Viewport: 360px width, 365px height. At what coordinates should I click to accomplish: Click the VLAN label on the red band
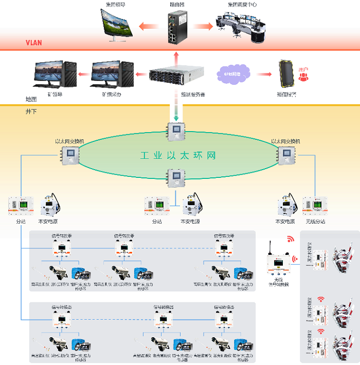point(34,43)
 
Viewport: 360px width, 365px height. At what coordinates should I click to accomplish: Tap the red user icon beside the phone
point(303,76)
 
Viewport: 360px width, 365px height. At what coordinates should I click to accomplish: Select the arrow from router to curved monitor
point(149,25)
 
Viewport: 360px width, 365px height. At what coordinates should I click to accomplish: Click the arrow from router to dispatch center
point(205,25)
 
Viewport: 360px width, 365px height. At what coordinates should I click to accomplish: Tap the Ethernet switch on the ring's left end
point(69,154)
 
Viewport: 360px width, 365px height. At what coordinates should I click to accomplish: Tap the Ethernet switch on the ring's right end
point(285,154)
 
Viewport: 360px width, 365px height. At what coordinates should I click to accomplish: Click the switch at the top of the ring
point(176,131)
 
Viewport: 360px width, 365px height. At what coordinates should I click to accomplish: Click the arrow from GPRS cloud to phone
point(263,75)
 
